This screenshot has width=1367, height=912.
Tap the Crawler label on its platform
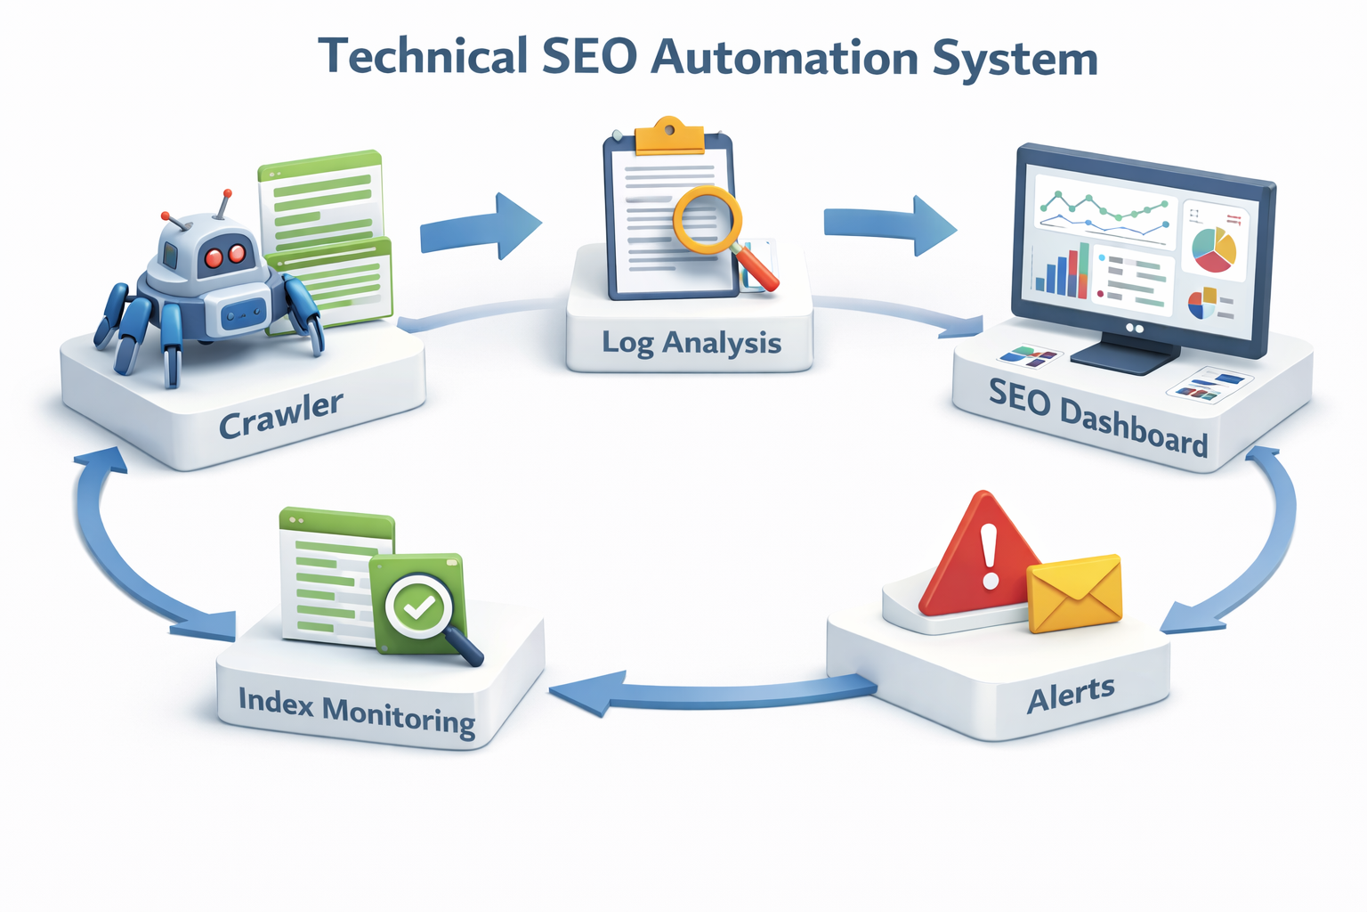coord(280,415)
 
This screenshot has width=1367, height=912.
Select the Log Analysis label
coord(692,343)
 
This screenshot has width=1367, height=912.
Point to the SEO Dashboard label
coord(1098,417)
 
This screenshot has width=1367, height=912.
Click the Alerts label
coord(1071,695)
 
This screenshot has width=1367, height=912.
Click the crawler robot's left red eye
coord(214,258)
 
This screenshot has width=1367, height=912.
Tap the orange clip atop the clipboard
coord(668,136)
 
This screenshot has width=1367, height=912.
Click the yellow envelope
coord(1074,593)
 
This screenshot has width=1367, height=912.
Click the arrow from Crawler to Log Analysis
coord(481,226)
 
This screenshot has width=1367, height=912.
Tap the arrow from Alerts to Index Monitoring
coord(712,693)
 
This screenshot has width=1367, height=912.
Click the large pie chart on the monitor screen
coord(1214,249)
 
